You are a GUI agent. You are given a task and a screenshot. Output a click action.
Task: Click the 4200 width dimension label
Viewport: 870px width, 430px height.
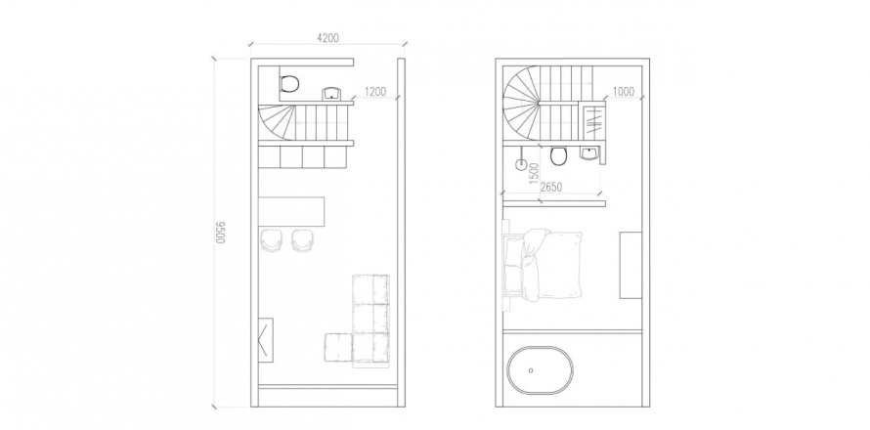click(327, 38)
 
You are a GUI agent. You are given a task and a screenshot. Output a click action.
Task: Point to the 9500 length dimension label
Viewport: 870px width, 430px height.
click(221, 233)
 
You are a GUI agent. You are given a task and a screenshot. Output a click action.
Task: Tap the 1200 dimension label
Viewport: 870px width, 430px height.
click(375, 92)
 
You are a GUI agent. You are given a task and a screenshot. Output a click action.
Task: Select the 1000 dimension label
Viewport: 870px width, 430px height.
click(623, 92)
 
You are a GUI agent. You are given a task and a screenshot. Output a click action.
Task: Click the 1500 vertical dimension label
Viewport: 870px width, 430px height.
click(535, 174)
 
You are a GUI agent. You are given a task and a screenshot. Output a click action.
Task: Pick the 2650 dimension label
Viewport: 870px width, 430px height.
click(551, 187)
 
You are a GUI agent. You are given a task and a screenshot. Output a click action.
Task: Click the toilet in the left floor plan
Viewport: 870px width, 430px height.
click(289, 84)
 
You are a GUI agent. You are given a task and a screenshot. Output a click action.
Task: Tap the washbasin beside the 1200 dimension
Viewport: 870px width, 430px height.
click(331, 93)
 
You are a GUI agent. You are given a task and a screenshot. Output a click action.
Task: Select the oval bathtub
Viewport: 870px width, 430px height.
click(541, 370)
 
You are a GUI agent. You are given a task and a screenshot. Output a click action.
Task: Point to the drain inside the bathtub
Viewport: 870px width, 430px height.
click(531, 370)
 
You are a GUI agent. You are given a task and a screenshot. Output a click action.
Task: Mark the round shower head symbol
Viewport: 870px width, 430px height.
click(522, 164)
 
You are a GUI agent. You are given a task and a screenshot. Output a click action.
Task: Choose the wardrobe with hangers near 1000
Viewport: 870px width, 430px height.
click(594, 121)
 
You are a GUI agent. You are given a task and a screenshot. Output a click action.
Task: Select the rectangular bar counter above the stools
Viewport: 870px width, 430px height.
click(292, 211)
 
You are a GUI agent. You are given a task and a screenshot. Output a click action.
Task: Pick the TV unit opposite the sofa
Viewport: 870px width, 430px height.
click(266, 340)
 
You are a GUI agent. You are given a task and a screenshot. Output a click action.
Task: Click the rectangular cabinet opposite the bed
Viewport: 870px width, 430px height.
click(631, 265)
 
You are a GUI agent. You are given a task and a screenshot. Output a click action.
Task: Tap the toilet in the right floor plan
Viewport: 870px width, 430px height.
click(559, 156)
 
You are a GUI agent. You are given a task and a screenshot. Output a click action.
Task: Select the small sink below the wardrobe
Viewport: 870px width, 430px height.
click(588, 153)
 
